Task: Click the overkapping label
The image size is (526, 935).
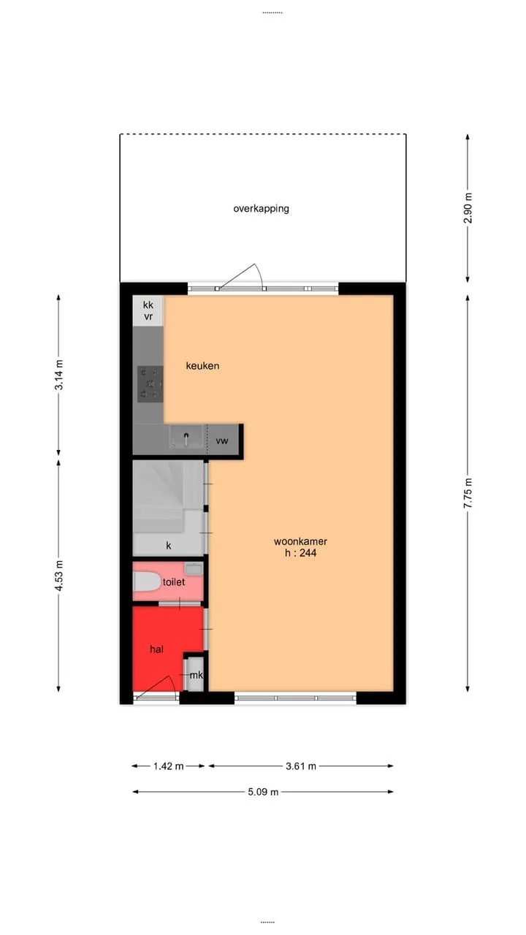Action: pos(261,209)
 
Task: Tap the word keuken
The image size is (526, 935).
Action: pos(202,366)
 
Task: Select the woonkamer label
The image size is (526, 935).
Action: pos(300,541)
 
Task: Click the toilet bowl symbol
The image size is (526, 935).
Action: pos(147,581)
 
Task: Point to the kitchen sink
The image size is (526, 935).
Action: pos(186,437)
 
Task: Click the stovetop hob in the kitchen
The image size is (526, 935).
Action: pos(150,384)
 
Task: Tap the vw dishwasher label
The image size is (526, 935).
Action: pos(221,440)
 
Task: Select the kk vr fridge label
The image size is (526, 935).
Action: pos(148,311)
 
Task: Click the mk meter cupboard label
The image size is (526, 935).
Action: pos(197,675)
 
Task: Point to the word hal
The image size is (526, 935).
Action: pos(156,649)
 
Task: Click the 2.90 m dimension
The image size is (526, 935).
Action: pos(468,208)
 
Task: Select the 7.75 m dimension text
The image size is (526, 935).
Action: pos(468,493)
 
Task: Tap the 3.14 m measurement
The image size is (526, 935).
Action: pos(59,375)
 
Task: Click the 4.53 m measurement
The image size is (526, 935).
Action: pos(59,576)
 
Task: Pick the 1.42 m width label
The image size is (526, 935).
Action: pos(168,766)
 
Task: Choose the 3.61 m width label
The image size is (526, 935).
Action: pos(301,766)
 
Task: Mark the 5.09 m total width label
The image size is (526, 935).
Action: pos(263,792)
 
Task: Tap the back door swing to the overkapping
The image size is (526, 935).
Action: pos(241,275)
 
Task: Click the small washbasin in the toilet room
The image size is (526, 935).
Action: pos(194,568)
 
